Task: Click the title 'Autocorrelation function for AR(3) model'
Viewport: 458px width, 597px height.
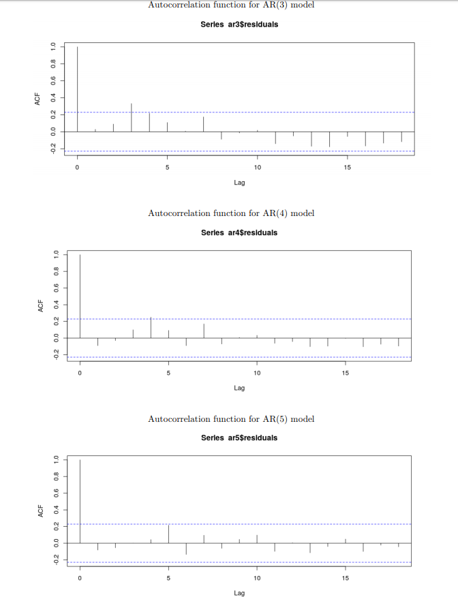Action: [231, 5]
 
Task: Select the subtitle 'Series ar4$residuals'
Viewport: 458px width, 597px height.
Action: [239, 232]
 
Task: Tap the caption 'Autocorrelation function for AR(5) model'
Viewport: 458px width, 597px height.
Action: [231, 418]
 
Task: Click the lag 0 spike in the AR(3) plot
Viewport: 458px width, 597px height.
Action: [78, 89]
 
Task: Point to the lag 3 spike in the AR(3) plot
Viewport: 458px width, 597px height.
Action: [132, 118]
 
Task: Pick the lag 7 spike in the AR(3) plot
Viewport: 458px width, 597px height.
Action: [203, 124]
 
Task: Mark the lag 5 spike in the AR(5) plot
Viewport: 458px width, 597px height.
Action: [168, 534]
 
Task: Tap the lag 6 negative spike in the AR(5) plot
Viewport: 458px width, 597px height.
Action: [186, 549]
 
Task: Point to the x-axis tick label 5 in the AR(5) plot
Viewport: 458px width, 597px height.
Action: [168, 578]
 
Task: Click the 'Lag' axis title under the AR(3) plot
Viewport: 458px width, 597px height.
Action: [239, 183]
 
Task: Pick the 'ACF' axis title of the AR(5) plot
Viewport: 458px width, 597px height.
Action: [41, 510]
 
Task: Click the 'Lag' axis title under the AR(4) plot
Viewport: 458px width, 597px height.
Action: [239, 388]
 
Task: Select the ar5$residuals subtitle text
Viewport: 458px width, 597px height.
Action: [239, 438]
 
